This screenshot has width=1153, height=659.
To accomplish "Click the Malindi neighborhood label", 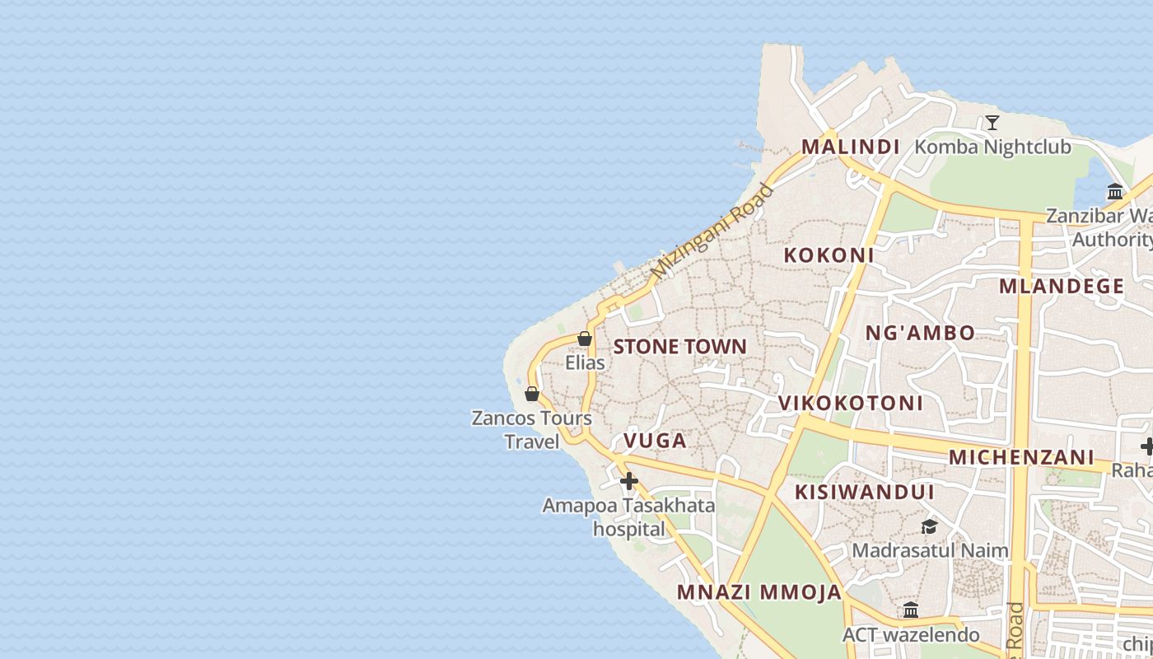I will click(x=850, y=147).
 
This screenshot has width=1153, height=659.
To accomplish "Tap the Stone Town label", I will click(x=679, y=347).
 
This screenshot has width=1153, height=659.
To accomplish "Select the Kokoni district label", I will click(x=829, y=255).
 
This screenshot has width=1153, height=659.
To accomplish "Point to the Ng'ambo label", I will click(x=920, y=334).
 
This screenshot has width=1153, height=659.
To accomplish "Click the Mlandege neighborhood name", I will click(x=1061, y=287).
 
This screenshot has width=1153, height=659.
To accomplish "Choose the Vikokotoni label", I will click(x=851, y=404).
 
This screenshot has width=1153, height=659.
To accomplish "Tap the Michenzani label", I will click(x=1021, y=457).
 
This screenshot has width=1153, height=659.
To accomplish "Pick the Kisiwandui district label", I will click(x=864, y=493).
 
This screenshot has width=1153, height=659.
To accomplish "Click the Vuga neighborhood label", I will click(x=655, y=442).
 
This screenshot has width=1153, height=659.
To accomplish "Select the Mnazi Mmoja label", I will click(x=759, y=592).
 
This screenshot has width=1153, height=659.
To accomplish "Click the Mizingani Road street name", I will click(x=712, y=231).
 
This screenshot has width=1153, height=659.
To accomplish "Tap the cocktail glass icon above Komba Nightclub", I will click(x=992, y=124).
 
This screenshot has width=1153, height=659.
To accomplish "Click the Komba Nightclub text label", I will click(x=992, y=147).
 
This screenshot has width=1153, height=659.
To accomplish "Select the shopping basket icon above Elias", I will click(x=585, y=339).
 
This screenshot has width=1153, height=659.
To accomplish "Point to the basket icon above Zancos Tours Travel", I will click(x=532, y=394).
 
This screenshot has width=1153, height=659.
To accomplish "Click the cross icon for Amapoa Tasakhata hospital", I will click(x=629, y=481).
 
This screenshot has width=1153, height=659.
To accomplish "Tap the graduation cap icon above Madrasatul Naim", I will click(x=929, y=526).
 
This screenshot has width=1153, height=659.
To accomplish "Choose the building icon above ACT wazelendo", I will click(x=911, y=610).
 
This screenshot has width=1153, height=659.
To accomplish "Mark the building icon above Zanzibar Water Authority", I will click(x=1115, y=192).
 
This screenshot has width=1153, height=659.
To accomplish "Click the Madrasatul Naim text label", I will click(x=930, y=550).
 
